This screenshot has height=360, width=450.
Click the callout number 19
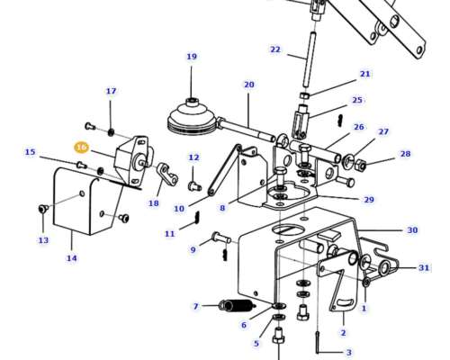191,57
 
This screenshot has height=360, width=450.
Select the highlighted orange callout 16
81,147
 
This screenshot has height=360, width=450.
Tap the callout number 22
275,49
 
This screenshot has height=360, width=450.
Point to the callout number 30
412,230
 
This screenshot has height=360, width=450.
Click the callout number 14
72,258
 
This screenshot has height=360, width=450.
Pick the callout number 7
195,307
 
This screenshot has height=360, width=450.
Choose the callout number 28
405,154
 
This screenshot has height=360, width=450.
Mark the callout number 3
349,353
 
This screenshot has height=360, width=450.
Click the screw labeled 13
42,210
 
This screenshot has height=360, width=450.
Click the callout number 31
424,267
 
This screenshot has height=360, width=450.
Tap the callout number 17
111,91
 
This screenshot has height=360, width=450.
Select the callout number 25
357,100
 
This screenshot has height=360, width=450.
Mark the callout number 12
193,157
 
